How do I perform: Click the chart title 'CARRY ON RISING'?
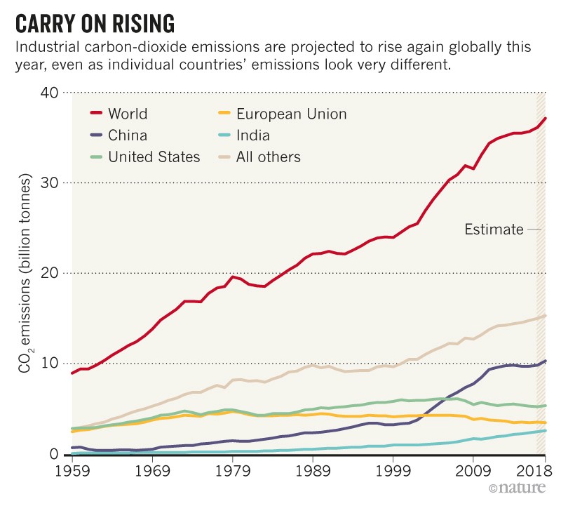95,22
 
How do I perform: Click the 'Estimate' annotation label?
494,229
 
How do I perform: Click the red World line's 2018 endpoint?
545,118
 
